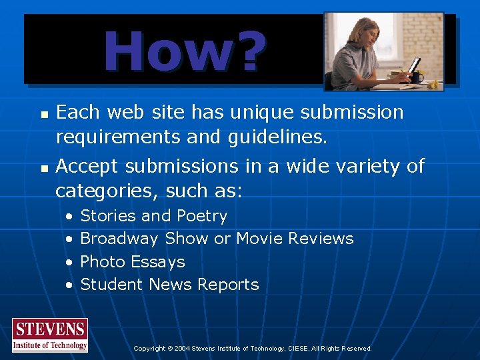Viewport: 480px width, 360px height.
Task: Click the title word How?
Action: [x=185, y=51]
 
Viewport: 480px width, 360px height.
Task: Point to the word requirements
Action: [x=117, y=137]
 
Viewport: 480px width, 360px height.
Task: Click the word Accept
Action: [x=86, y=165]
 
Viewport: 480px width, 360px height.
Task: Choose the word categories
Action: [x=103, y=191]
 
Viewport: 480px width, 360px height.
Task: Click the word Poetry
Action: [x=202, y=216]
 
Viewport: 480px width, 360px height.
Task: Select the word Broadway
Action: [x=119, y=239]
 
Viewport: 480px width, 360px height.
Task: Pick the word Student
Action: [x=111, y=284]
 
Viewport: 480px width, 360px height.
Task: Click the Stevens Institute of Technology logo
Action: [x=50, y=335]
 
